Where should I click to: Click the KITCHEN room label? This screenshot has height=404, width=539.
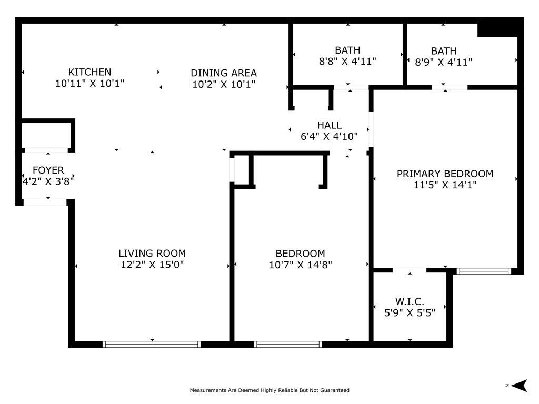click(89, 72)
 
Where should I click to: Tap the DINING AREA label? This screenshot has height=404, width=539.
click(224, 73)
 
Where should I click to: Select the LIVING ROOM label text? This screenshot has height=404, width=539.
click(152, 254)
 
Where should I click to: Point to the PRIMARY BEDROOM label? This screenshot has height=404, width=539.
click(445, 174)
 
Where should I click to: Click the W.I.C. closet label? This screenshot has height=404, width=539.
click(410, 301)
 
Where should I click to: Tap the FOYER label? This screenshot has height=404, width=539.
click(48, 170)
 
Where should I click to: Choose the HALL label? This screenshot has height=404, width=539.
click(330, 125)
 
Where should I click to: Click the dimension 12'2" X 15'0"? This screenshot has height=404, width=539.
click(152, 265)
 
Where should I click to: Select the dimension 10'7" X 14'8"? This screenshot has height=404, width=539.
click(301, 265)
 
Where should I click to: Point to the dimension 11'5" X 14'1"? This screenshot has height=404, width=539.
click(445, 185)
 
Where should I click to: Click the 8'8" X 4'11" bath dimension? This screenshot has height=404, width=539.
click(347, 62)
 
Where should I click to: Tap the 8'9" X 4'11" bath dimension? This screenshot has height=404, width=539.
click(444, 62)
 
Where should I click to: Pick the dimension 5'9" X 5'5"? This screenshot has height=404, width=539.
click(410, 313)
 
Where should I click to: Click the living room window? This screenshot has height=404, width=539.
click(152, 344)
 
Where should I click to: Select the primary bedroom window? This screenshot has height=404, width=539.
click(484, 271)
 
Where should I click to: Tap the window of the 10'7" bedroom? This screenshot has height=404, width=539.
click(288, 344)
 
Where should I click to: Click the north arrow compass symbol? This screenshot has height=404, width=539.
click(519, 386)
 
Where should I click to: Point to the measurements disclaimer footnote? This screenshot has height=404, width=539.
click(269, 390)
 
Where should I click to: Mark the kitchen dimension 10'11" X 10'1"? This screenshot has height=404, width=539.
click(89, 83)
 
